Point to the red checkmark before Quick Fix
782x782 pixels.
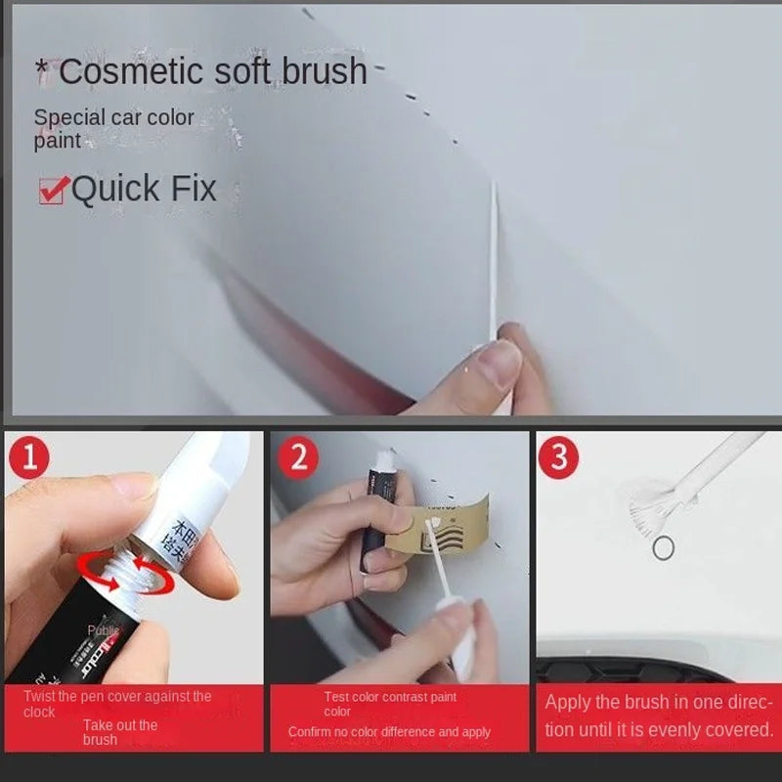tap(54, 189)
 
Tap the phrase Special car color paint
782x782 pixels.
tap(113, 129)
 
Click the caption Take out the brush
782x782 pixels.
tap(119, 732)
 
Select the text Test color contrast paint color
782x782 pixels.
tap(389, 704)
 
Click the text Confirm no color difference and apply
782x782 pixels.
tap(389, 732)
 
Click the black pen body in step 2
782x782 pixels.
tap(373, 518)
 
